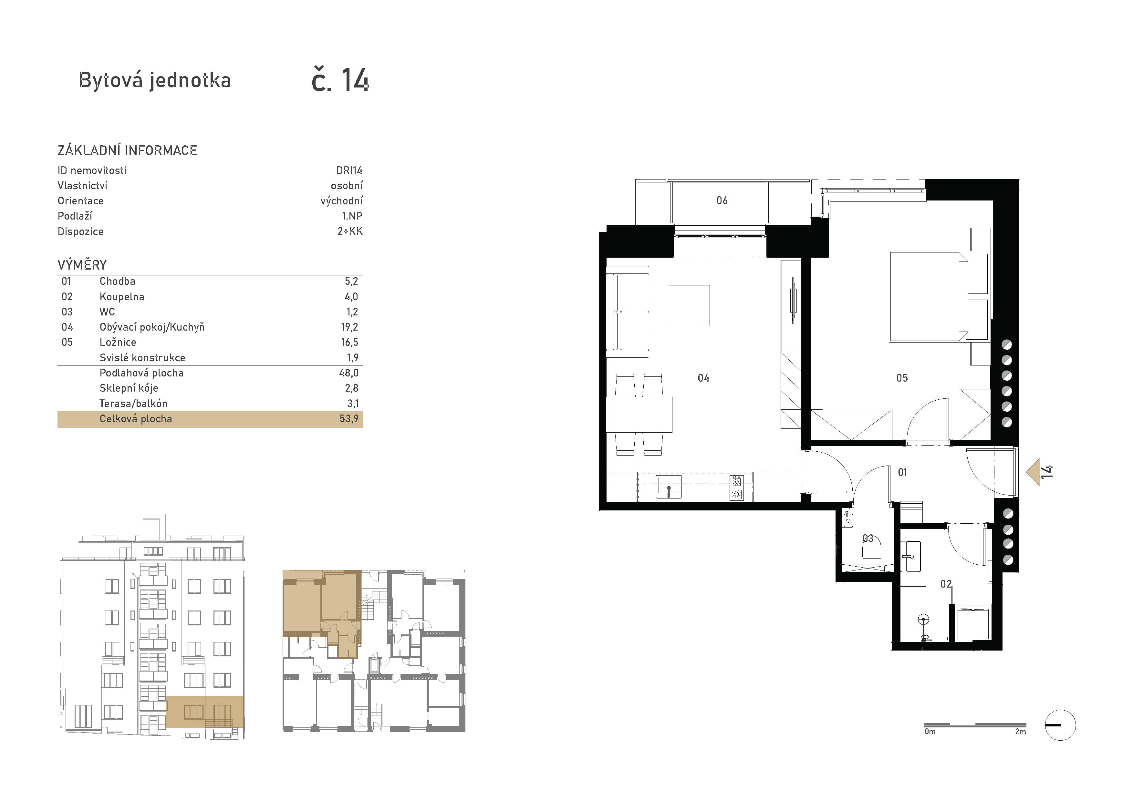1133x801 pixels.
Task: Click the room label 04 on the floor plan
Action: point(703,378)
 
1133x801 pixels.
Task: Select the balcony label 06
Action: point(722,200)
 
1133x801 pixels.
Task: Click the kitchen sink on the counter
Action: point(669,487)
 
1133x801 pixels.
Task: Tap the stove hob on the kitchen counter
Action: point(736,487)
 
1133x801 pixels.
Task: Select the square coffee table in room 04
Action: point(689,305)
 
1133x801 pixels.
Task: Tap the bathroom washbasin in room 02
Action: point(910,556)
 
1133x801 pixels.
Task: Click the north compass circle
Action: point(1060,725)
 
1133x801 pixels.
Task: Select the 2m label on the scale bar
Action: point(1021,732)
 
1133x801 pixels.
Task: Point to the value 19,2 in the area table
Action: point(349,327)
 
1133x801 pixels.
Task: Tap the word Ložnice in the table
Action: point(118,342)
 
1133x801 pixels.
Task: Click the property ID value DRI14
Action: point(349,170)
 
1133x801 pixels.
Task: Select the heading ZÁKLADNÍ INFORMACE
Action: point(127,150)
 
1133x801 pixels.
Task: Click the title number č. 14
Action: point(340,80)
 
